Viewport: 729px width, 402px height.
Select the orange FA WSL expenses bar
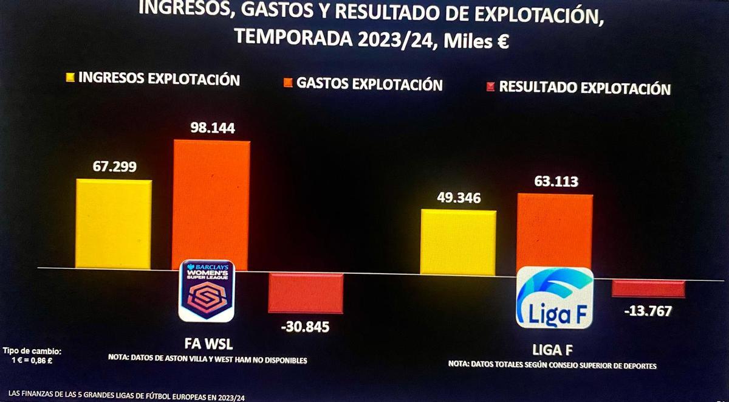click(x=211, y=204)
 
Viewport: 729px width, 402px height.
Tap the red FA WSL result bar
click(x=306, y=293)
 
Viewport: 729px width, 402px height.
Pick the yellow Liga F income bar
click(x=458, y=242)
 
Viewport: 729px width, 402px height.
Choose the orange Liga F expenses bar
click(x=554, y=234)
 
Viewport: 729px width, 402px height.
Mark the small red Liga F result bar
click(x=648, y=288)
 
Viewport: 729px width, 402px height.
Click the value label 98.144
click(x=212, y=128)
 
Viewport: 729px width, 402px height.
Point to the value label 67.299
click(x=115, y=167)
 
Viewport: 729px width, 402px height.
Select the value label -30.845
click(x=305, y=327)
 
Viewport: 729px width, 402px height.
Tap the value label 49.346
click(x=459, y=198)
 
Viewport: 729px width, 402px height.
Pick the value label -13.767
click(x=648, y=311)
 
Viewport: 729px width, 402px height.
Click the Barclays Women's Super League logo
click(x=207, y=291)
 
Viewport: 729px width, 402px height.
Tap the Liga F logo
click(x=554, y=297)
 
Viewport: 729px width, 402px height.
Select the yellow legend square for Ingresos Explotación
click(x=70, y=78)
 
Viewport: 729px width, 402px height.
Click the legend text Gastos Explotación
click(x=369, y=84)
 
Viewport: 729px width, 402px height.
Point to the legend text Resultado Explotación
click(x=584, y=88)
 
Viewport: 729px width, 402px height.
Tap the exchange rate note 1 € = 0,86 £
click(x=32, y=360)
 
